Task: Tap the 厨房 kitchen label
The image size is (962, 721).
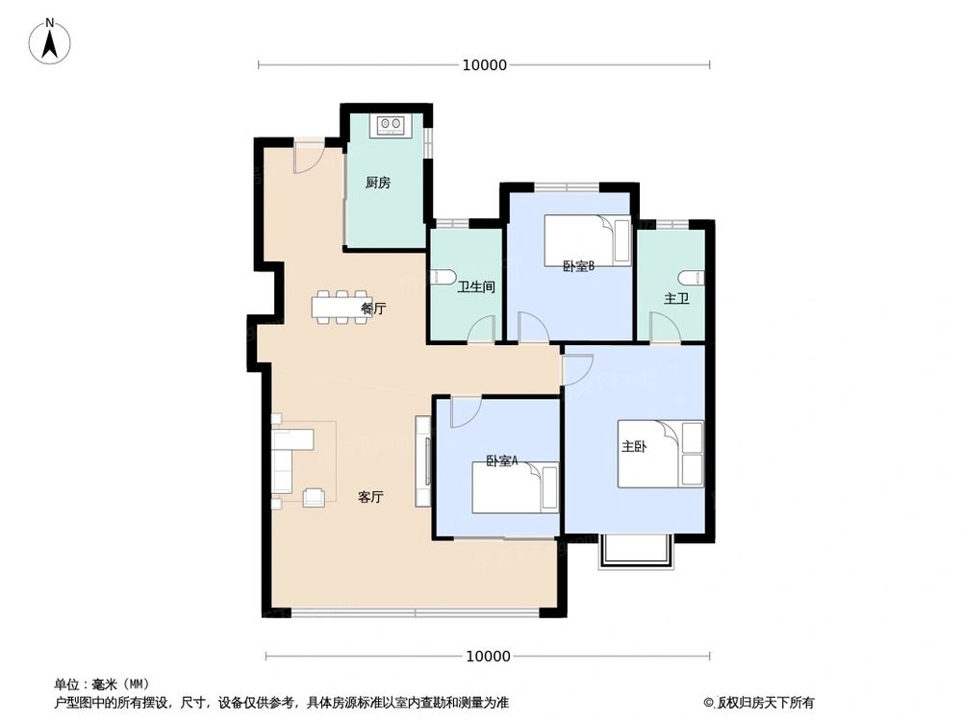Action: coord(378,183)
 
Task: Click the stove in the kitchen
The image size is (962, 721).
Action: coord(392,125)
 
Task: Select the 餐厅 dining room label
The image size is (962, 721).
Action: coord(373,309)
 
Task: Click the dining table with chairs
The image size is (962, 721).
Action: coord(340,307)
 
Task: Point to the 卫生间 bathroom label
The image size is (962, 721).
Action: coord(476,286)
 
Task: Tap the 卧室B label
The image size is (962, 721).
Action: coord(578,267)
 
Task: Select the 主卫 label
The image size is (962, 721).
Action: coord(676,299)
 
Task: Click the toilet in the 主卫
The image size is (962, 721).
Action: coord(697,278)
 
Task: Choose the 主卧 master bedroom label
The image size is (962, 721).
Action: coord(633,447)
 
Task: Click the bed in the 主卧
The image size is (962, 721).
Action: coord(661,454)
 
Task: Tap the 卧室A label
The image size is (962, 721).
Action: coord(501,461)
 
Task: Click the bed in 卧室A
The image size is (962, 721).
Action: coord(515,487)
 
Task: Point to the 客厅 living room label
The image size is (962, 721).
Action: coord(371,497)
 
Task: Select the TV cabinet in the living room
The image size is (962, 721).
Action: coord(422,460)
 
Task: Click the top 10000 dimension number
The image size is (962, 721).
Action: coord(484,65)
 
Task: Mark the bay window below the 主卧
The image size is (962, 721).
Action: coord(634,552)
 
